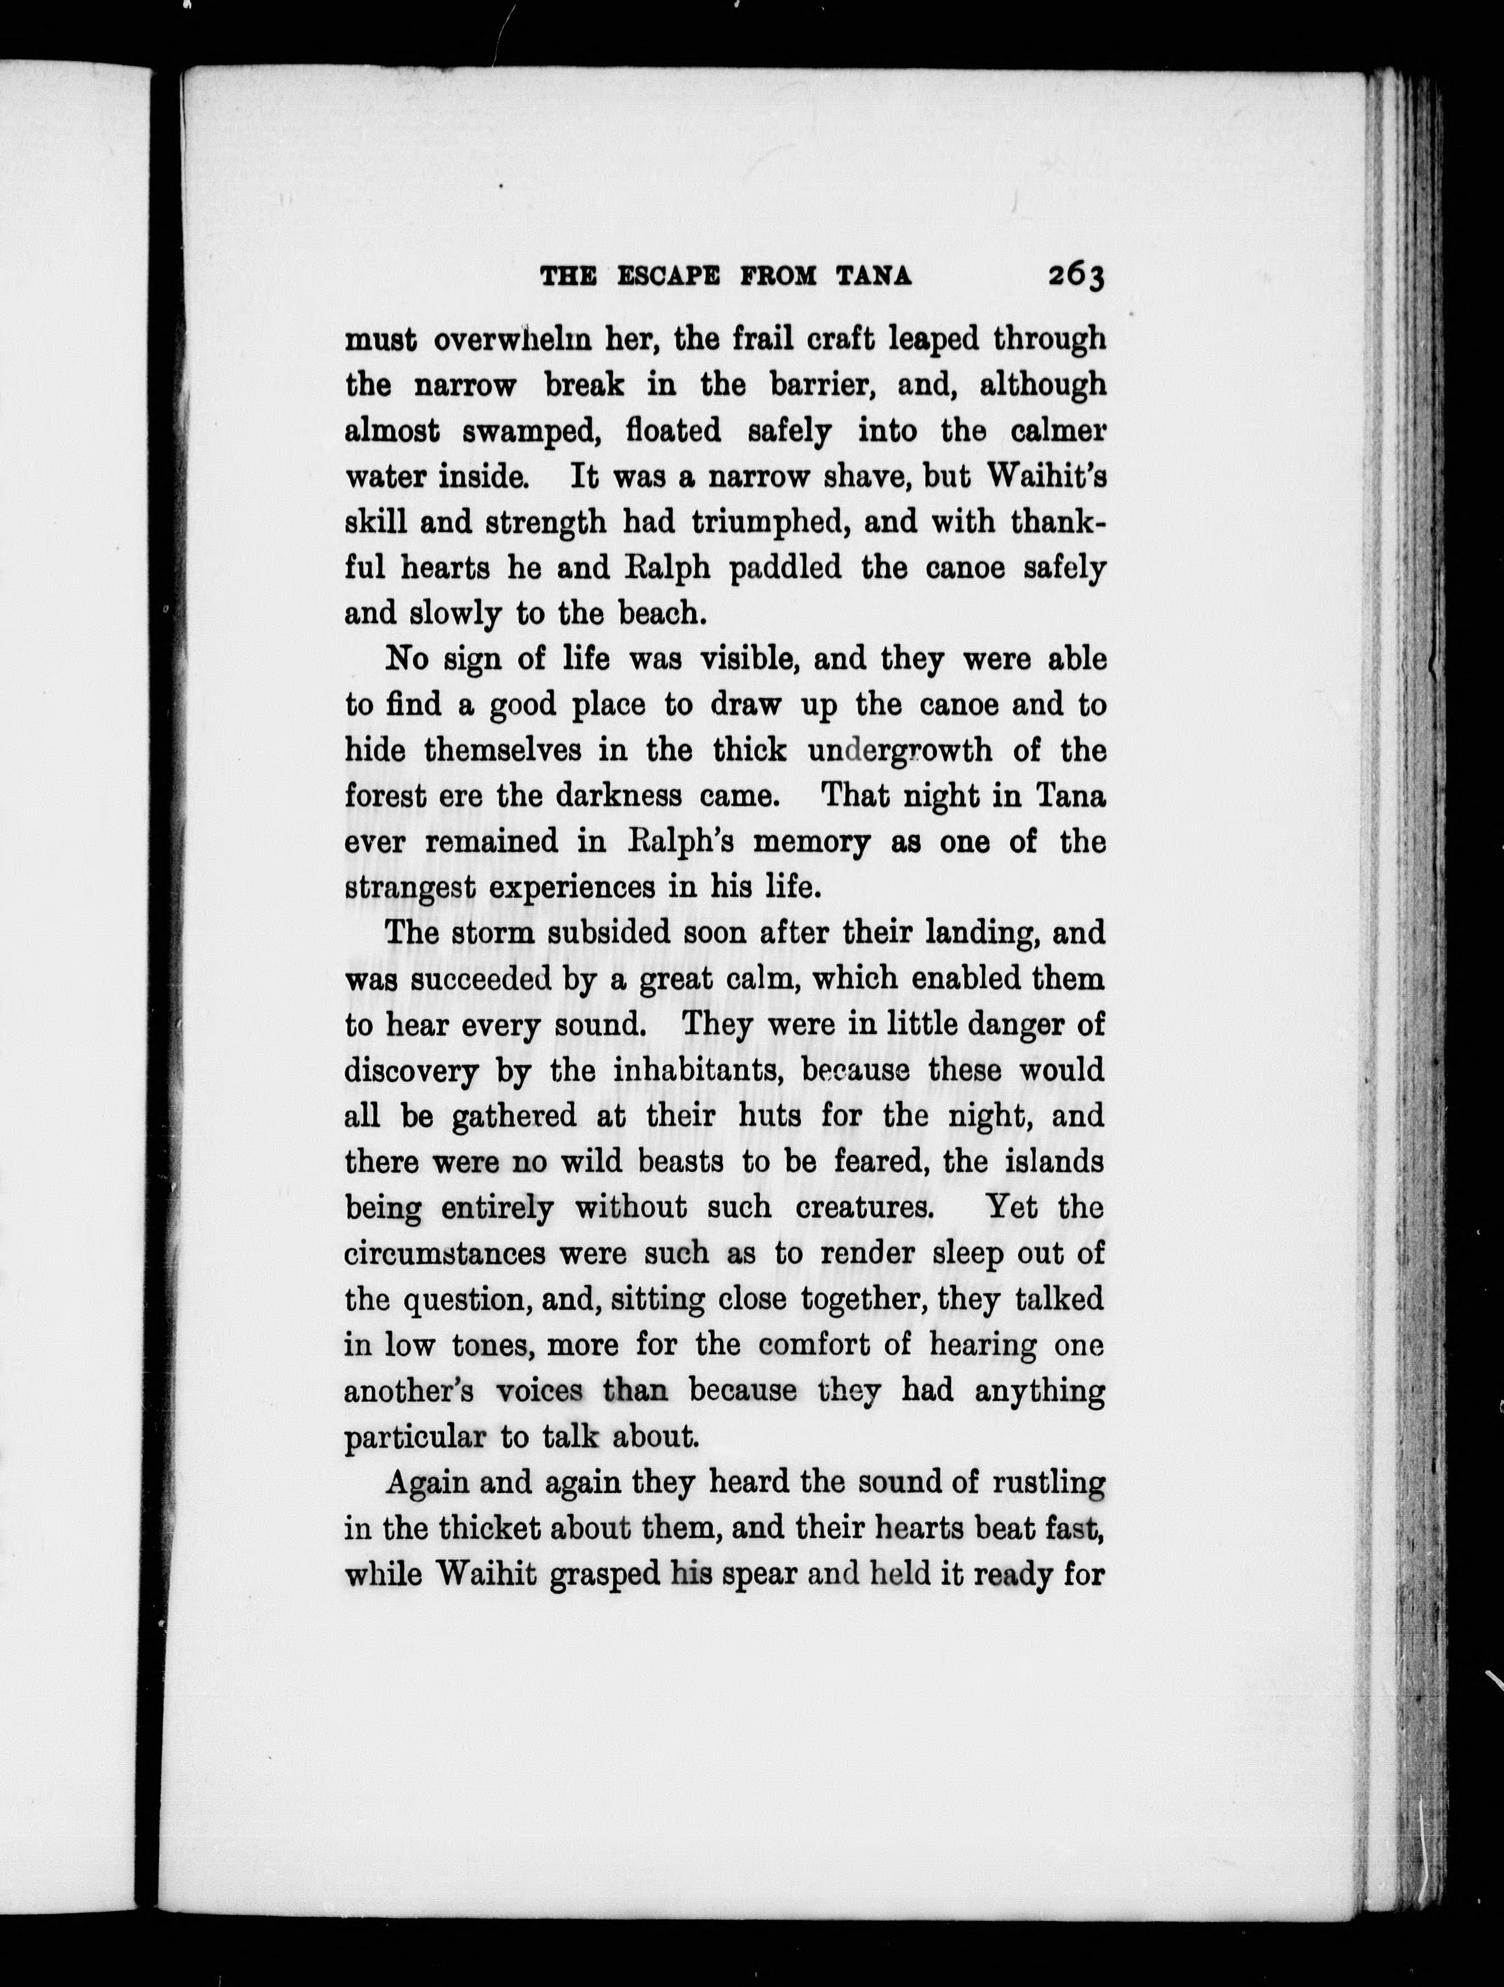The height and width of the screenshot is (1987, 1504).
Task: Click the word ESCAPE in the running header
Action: [x=668, y=277]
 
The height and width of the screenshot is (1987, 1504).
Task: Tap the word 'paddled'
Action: [x=785, y=569]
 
